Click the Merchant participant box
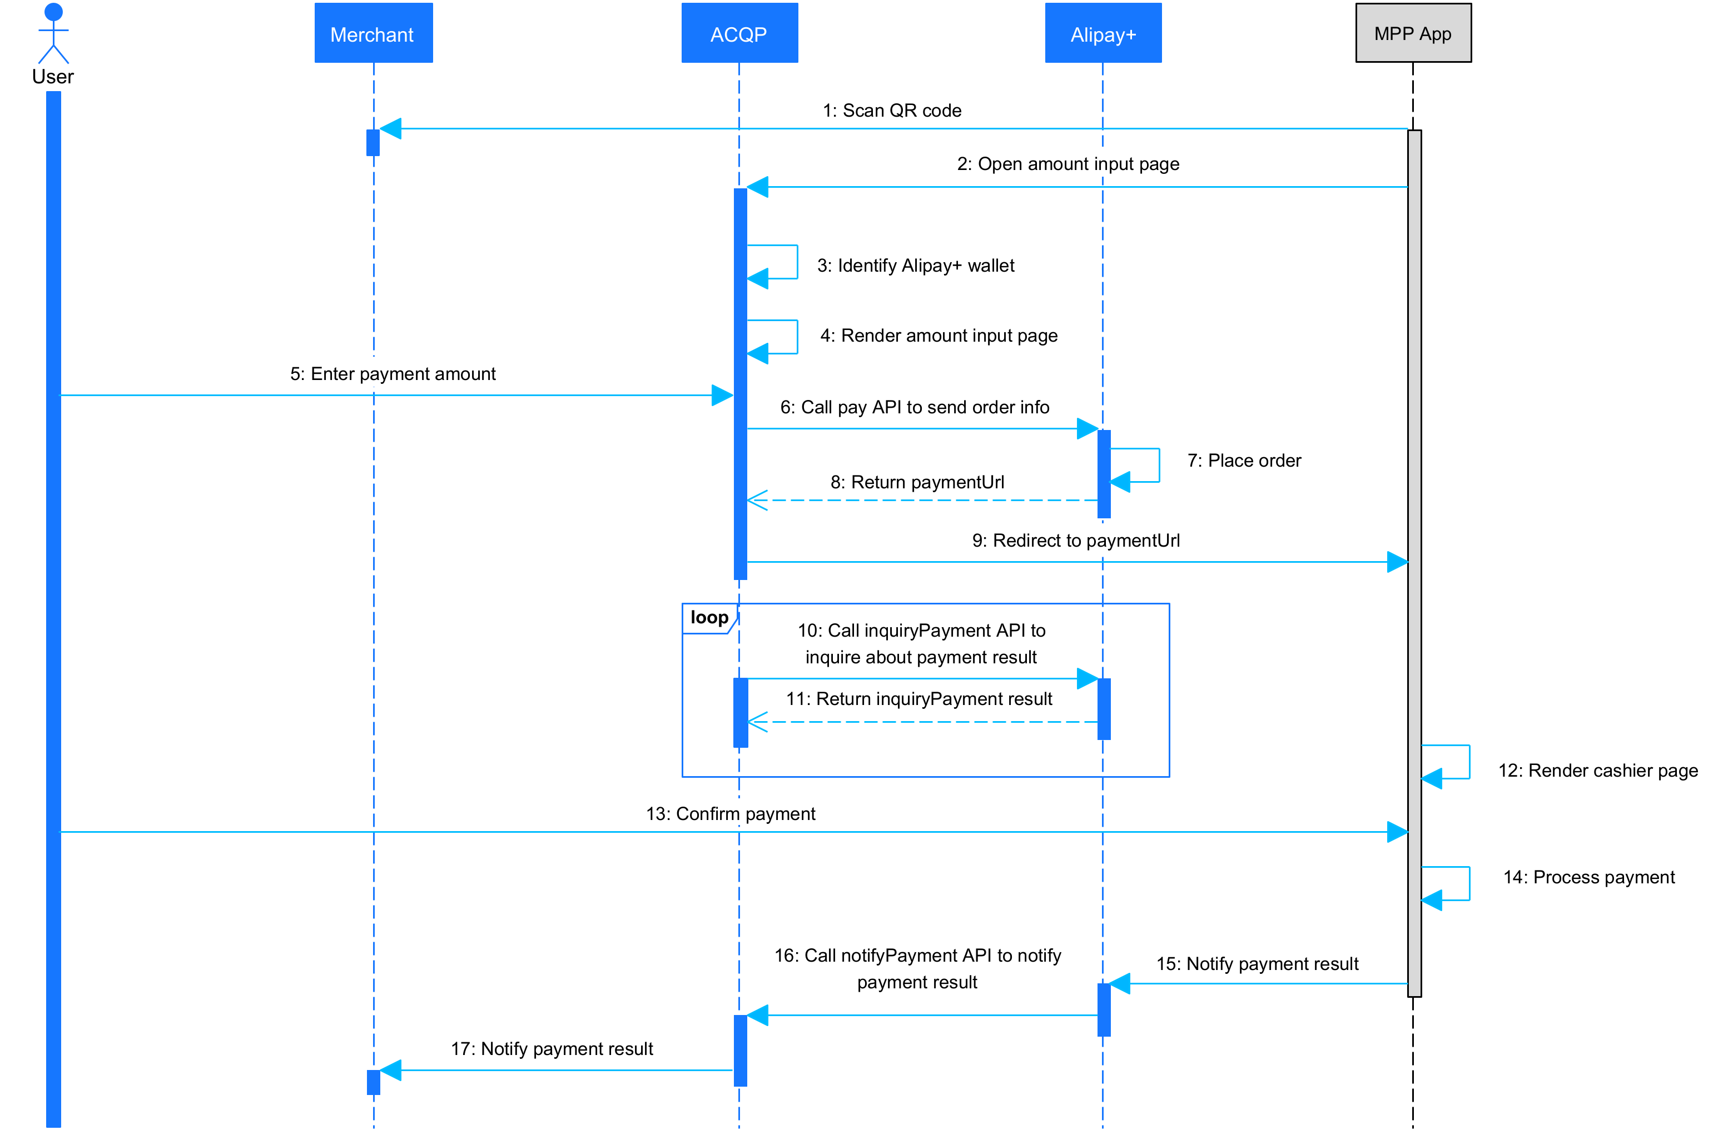point(373,33)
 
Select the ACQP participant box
point(739,33)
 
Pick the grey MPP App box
point(1413,33)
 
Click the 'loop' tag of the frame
point(709,618)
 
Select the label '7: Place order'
point(1244,460)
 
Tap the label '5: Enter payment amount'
point(393,374)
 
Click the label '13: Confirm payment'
point(731,813)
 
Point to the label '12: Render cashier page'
point(1597,770)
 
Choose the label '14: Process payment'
point(1588,877)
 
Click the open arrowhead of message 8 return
point(757,500)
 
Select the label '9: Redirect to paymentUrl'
point(1075,540)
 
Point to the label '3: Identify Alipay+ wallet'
point(916,266)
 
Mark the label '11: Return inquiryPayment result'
point(918,698)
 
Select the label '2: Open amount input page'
point(1067,164)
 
